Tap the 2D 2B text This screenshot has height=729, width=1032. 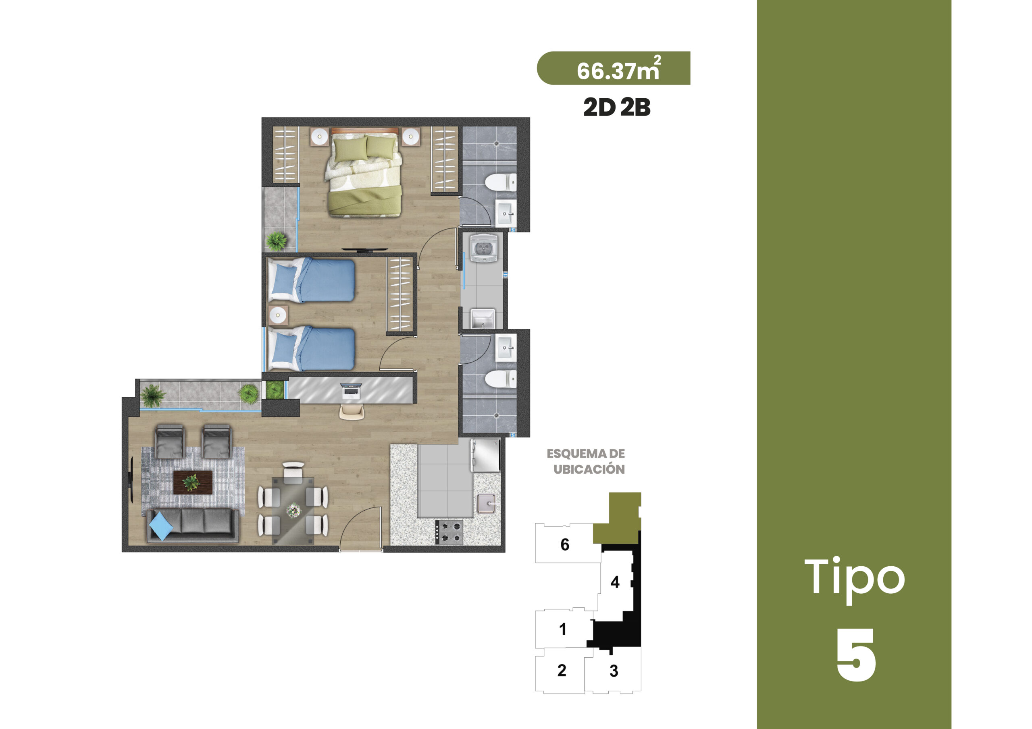617,108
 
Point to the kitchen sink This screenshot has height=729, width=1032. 486,503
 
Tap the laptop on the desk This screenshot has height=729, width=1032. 351,391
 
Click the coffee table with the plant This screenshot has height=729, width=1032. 193,483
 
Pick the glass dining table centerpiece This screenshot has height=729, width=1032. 294,509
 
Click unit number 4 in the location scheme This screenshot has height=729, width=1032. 615,582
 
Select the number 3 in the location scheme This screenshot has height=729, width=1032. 614,671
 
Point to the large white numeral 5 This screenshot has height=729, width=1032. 856,654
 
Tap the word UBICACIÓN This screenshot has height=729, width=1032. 589,469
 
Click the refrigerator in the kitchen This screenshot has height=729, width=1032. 485,455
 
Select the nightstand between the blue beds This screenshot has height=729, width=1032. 278,315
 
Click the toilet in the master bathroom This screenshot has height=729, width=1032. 501,182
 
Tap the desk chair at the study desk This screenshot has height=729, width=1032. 352,412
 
